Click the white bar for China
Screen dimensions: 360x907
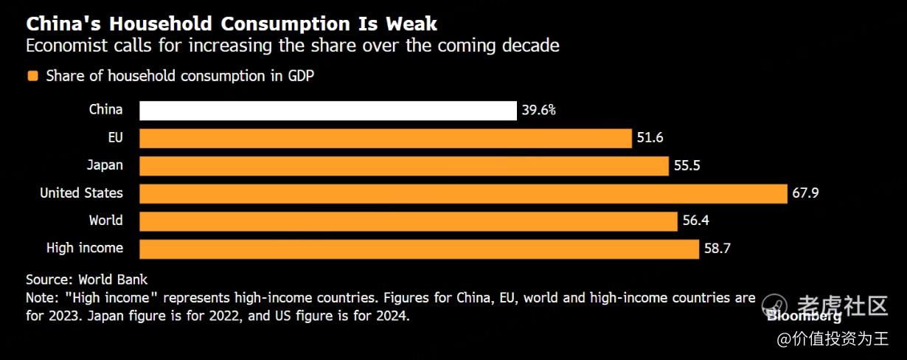(327, 111)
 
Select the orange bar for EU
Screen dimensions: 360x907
(385, 138)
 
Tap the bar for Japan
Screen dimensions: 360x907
(403, 165)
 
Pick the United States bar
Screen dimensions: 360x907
(463, 193)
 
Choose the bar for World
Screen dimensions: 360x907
(408, 221)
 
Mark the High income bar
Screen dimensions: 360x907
(418, 249)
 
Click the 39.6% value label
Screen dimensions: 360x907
(538, 111)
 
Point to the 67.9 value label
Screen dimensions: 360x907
(806, 193)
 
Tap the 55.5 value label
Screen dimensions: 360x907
(687, 165)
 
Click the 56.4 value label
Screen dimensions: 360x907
(695, 221)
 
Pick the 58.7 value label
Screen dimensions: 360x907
(717, 249)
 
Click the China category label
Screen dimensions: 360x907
(105, 110)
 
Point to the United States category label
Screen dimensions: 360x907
(81, 193)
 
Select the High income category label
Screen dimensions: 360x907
(84, 248)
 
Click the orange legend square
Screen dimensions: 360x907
(32, 76)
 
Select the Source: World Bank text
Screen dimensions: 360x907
(86, 280)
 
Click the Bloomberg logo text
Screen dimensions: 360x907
(804, 316)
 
